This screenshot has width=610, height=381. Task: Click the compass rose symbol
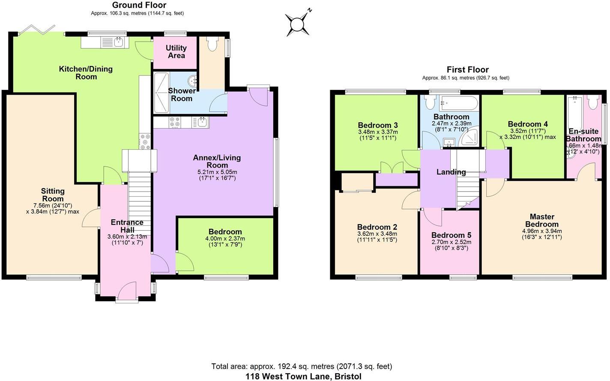[297, 24]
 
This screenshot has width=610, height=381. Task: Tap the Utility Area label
[176, 51]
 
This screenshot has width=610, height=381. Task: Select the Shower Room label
[182, 95]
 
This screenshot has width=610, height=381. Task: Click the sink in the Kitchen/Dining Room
[118, 42]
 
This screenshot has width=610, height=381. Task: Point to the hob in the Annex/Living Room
[174, 122]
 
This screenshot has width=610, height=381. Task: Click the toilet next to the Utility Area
[212, 43]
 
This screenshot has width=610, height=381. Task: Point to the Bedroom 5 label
[451, 235]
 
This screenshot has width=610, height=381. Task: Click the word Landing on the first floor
[451, 172]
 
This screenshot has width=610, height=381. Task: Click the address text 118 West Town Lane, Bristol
[303, 376]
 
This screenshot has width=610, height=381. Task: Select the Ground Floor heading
[139, 5]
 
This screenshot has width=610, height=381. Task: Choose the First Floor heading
[467, 69]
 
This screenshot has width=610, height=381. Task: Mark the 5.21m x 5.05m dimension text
[217, 172]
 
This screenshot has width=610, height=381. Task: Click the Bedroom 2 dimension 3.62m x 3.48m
[377, 234]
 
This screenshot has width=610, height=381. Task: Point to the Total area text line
[301, 366]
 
